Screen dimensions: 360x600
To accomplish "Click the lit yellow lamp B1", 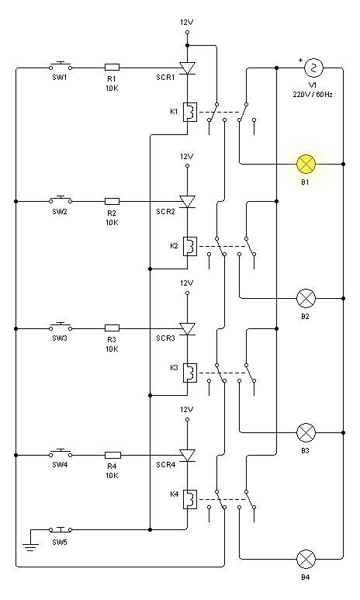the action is click(306, 164).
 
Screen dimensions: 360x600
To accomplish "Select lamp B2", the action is click(306, 299).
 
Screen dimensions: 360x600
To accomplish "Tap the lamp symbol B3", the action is click(306, 433).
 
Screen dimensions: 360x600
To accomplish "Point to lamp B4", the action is click(306, 559).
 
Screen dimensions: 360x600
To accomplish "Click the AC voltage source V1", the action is click(313, 68).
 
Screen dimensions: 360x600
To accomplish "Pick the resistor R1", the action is click(112, 68).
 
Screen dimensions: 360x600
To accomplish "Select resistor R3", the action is click(112, 328).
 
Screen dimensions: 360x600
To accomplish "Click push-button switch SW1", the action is click(61, 66).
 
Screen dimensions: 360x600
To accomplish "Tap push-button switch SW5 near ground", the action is click(61, 529).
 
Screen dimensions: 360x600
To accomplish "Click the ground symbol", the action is click(30, 545).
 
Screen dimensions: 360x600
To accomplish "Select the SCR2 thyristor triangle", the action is click(188, 202).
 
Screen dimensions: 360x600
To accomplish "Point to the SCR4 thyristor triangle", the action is click(188, 456).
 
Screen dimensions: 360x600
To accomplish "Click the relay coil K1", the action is click(190, 112).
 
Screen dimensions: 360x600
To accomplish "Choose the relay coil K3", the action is click(190, 373).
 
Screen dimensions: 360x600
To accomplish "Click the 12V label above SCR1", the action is click(187, 23).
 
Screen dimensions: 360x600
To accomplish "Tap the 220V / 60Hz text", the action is click(313, 95).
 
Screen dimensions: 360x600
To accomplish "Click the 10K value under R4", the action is click(112, 476).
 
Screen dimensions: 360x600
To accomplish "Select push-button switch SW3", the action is click(61, 326).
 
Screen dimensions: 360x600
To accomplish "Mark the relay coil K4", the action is click(190, 499).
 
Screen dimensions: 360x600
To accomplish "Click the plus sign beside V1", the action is click(300, 60).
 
